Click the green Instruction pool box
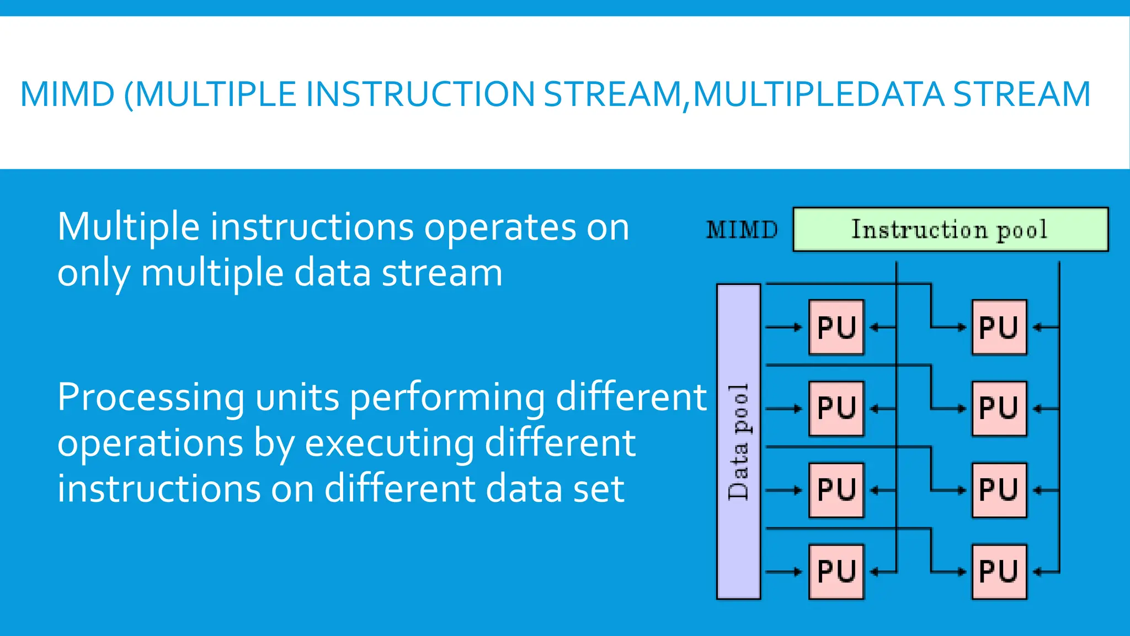pyautogui.click(x=950, y=229)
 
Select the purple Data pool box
pyautogui.click(x=738, y=441)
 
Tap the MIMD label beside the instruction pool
pyautogui.click(x=742, y=229)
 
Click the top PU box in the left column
pyautogui.click(x=836, y=327)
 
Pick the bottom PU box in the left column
pyautogui.click(x=836, y=571)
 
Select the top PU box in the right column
pyautogui.click(x=999, y=327)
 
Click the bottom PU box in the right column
pyautogui.click(x=999, y=571)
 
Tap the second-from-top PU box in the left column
pyautogui.click(x=836, y=409)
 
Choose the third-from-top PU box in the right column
pyautogui.click(x=999, y=490)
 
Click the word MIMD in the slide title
pyautogui.click(x=67, y=94)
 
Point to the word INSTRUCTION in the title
pyautogui.click(x=420, y=94)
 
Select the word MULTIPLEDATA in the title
pyautogui.click(x=818, y=94)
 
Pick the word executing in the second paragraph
pyautogui.click(x=390, y=443)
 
